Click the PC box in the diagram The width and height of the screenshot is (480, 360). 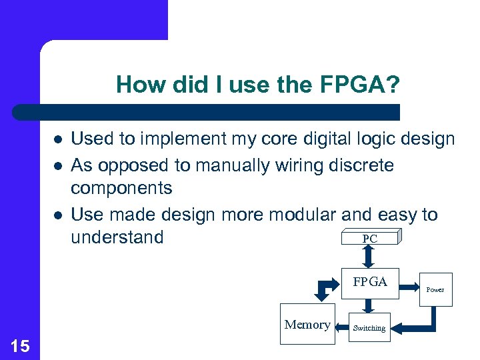[x=370, y=238]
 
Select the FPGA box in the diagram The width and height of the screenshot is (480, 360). [x=370, y=282]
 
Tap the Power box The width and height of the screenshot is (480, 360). [x=435, y=289]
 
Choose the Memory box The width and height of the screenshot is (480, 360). [x=307, y=325]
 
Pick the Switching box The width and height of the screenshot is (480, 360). [x=369, y=327]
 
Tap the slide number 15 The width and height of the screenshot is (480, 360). [x=20, y=345]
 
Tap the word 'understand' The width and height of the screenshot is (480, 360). [x=117, y=237]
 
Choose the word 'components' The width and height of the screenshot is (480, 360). [x=121, y=189]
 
